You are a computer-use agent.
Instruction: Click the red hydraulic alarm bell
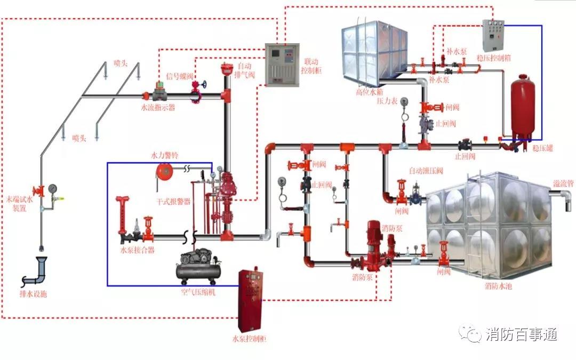click(163, 171)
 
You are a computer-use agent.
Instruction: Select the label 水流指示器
click(158, 108)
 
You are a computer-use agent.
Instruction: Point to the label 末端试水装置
click(19, 204)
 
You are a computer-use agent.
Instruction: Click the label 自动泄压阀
click(426, 171)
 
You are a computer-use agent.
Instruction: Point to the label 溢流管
click(563, 183)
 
